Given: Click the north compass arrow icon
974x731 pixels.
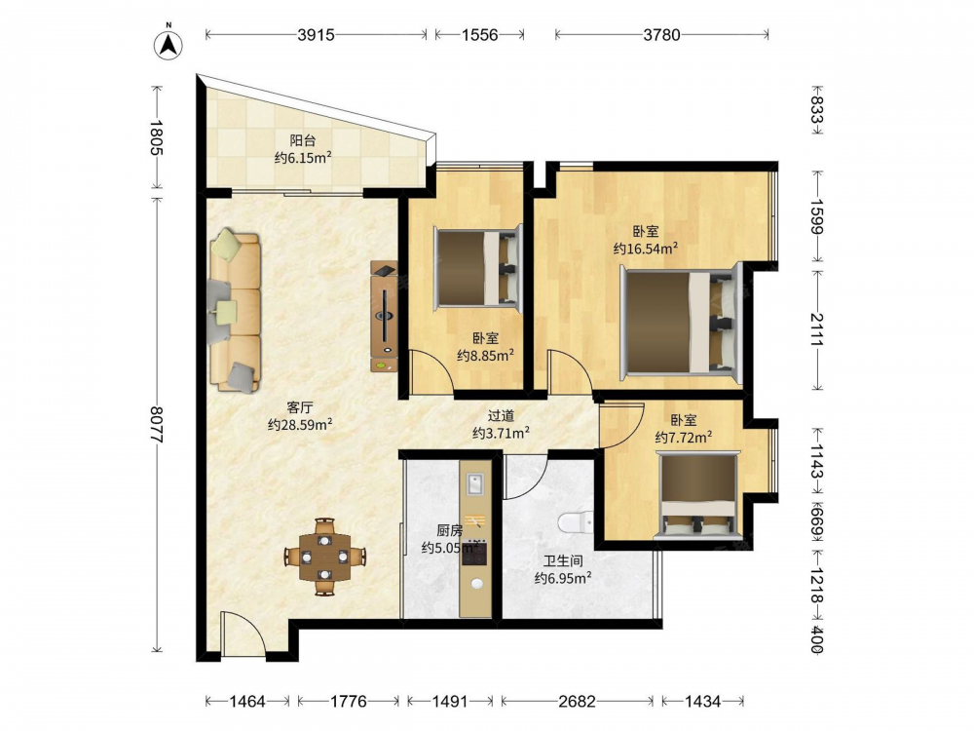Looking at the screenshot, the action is [x=169, y=42].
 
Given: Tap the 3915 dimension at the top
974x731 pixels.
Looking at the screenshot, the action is [x=317, y=35].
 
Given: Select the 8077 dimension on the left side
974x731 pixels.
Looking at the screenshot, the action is [x=157, y=425].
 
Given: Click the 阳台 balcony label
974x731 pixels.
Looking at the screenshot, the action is [x=303, y=140].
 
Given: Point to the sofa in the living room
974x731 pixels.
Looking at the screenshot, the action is [x=235, y=311].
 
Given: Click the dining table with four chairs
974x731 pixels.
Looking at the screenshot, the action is [x=325, y=557].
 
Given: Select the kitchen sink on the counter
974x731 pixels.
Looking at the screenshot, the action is [x=475, y=484].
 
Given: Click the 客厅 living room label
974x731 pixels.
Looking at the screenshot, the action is [x=300, y=407].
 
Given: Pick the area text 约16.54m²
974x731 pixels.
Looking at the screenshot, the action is [x=646, y=249].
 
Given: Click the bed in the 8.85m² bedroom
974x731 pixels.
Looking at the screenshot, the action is [x=476, y=268].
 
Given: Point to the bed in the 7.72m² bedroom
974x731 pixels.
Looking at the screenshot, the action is [x=698, y=493].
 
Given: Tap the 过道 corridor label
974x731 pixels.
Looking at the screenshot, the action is [x=501, y=415].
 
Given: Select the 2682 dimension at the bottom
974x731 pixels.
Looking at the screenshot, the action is [x=577, y=702].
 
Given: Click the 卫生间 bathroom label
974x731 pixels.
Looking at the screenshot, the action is [x=563, y=561].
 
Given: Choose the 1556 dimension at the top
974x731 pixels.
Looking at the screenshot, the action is [x=479, y=35].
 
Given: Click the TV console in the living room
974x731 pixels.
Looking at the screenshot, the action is [x=384, y=316].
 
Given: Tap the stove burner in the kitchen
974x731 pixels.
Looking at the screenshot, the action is [x=474, y=554].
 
